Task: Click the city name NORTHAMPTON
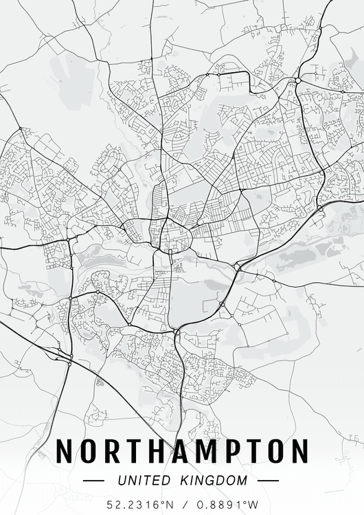point(182,452)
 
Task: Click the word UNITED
point(142,480)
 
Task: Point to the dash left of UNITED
point(93,480)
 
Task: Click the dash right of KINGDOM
point(268,480)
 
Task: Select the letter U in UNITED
point(122,480)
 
